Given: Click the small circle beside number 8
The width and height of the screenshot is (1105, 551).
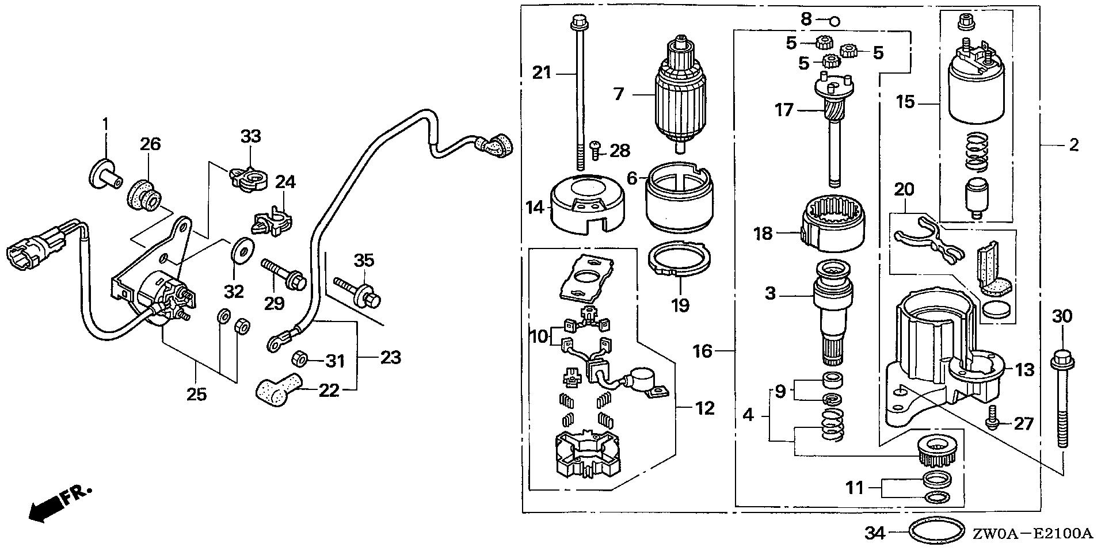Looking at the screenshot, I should tap(835, 22).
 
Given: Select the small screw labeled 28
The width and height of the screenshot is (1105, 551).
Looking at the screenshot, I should tap(595, 150).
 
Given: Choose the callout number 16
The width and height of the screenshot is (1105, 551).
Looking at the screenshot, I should tap(703, 351).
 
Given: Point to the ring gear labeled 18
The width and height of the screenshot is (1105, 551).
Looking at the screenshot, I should tap(833, 224).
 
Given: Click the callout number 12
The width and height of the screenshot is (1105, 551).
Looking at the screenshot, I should tap(704, 408).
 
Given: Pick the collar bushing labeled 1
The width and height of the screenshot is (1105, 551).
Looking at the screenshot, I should tap(105, 174).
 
